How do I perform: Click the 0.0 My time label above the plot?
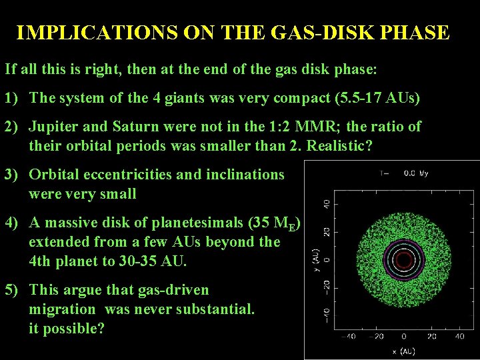tap(417, 173)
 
